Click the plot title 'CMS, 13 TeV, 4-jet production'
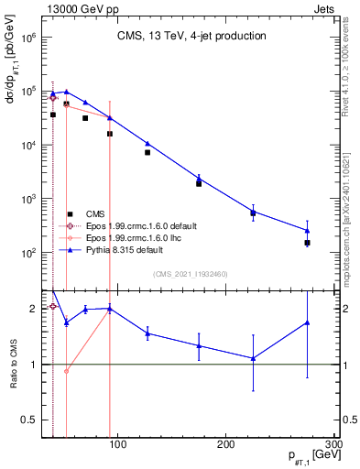coord(190,37)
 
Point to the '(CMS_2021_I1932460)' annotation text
coord(190,273)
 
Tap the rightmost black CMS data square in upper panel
coord(308,243)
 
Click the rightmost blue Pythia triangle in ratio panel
coord(308,322)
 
